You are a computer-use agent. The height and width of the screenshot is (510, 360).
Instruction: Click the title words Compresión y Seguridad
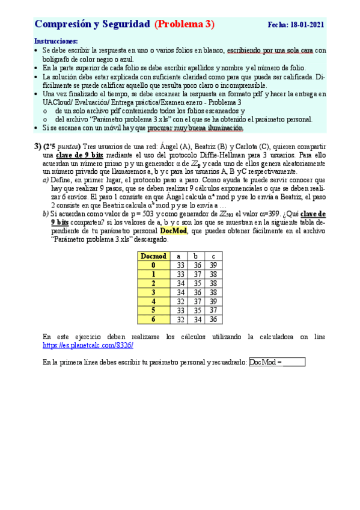coord(92,25)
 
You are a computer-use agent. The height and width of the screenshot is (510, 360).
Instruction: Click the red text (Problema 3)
coord(185,25)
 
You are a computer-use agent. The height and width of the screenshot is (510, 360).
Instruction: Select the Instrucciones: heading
coord(56,41)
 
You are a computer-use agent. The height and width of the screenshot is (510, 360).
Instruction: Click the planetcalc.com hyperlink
coord(88,346)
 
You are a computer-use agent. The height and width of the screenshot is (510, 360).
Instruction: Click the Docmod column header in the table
coord(153,256)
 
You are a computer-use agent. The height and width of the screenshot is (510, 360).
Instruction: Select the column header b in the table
coord(196,256)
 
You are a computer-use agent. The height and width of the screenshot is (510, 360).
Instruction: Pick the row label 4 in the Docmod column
coord(153,301)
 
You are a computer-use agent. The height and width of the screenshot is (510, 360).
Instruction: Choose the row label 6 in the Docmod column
coord(153,319)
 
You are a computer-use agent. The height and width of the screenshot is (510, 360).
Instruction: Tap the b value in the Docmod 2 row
coord(196,283)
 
